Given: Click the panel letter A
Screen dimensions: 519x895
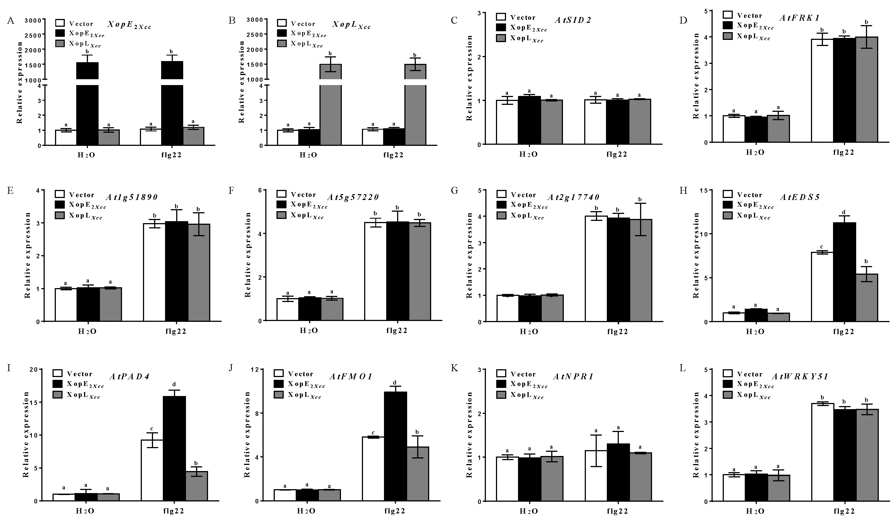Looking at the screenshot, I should click(x=10, y=21).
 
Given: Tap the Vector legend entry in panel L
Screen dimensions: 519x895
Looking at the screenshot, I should click(x=750, y=374).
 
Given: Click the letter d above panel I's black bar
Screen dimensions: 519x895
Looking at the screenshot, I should click(x=174, y=384).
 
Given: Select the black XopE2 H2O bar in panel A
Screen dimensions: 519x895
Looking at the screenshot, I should click(x=87, y=107).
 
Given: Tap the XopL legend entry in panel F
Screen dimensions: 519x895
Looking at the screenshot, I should click(x=307, y=215).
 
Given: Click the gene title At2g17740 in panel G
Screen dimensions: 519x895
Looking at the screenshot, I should click(x=573, y=197).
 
